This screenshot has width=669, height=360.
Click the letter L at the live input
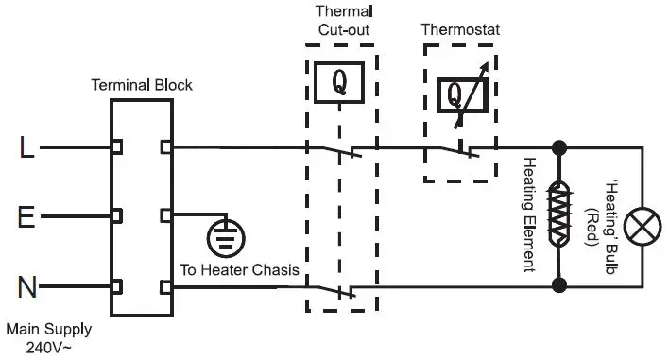click(27, 147)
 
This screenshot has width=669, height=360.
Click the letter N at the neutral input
click(27, 286)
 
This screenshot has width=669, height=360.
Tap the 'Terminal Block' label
click(141, 85)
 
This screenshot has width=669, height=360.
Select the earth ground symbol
click(223, 238)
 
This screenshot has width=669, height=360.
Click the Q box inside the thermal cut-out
click(341, 86)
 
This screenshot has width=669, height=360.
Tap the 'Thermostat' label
click(460, 30)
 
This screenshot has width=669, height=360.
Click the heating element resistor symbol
click(560, 215)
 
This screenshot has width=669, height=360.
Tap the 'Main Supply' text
click(48, 330)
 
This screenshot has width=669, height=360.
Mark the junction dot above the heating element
click(560, 147)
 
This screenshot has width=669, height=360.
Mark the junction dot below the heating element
click(560, 283)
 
